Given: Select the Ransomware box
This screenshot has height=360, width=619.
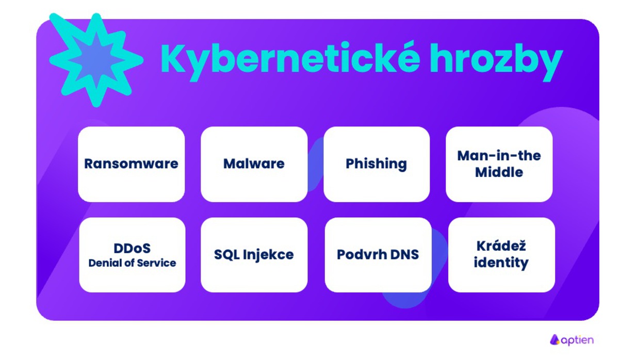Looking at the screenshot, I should coord(131,164).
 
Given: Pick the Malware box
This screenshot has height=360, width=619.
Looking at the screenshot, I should coord(254,164).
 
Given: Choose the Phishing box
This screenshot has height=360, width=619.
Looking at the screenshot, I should coord(376,164).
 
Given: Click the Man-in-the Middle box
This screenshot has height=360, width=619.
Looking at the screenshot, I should coord(499,164).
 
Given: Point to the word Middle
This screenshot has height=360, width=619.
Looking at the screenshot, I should coord(499,172).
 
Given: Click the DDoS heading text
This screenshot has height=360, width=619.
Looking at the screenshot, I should coord(132,248).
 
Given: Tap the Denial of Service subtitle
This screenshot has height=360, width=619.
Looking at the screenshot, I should coord(132,263).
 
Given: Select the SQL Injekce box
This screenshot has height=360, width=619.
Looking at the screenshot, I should coord(254,255).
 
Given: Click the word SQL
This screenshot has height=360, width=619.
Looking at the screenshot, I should coord(225,255).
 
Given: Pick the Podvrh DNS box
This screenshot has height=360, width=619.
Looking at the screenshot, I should coord(378,255).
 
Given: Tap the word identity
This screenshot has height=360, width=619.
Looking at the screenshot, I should coord(501,263).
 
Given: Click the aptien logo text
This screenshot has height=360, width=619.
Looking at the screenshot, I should coord(577,340).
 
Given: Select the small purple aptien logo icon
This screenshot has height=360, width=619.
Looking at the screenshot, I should coord(555,339).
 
